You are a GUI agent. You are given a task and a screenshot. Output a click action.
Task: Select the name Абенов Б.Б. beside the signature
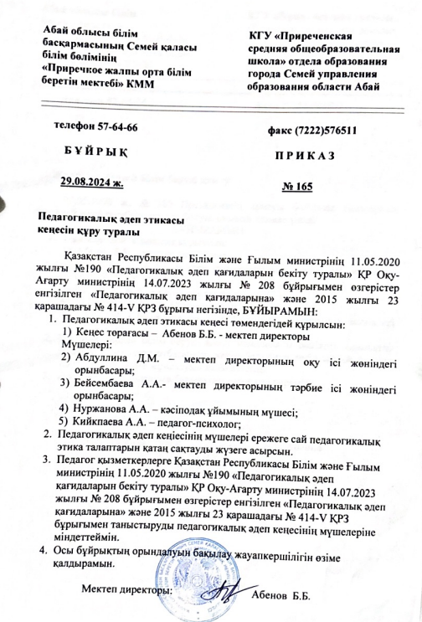pos(280,594)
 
